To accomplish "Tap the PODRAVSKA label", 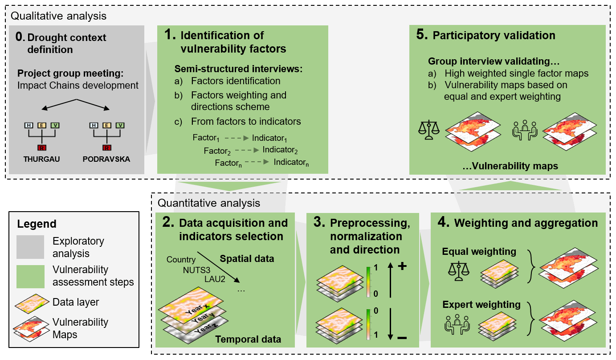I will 106,159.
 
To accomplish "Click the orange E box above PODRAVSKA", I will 106,126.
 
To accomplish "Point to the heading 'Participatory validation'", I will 494,36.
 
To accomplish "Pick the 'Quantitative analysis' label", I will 209,203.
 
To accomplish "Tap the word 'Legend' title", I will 37,224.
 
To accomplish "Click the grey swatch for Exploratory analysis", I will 30,247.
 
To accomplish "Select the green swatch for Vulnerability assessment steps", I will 30,276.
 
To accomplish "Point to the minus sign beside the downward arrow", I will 402,339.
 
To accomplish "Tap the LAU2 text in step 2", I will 215,279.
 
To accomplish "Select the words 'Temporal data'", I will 248,340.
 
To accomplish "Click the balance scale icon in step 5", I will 428,128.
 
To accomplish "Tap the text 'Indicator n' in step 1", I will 291,163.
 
